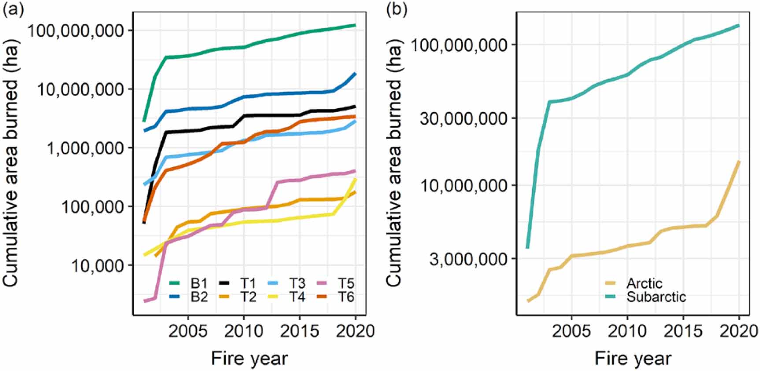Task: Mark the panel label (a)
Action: (x=13, y=9)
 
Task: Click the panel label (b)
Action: (x=396, y=9)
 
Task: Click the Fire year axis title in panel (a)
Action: (x=249, y=358)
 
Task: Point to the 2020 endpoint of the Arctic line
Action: (x=739, y=162)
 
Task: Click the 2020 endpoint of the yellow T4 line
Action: (x=355, y=180)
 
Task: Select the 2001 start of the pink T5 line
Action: (x=145, y=301)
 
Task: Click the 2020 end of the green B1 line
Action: (x=355, y=25)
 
